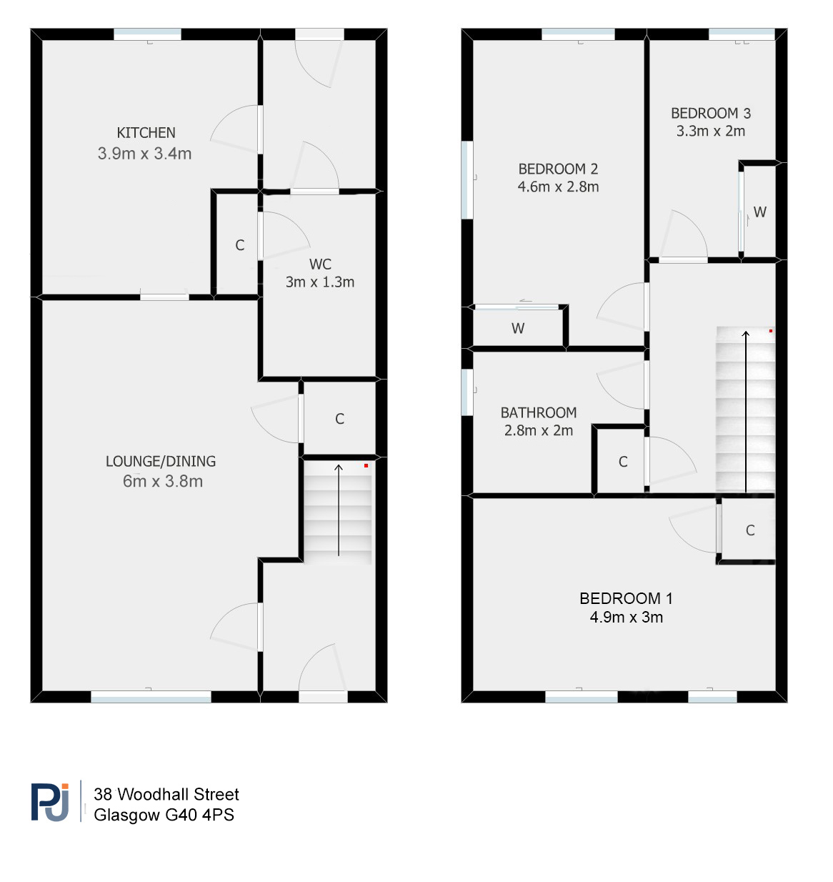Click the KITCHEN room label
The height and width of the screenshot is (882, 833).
click(146, 133)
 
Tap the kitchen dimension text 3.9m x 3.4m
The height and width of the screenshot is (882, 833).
click(145, 154)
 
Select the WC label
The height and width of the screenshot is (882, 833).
click(320, 264)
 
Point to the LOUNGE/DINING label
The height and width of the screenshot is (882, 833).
click(161, 462)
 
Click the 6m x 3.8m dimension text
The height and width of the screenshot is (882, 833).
click(163, 482)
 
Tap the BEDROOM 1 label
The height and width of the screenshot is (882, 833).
click(626, 599)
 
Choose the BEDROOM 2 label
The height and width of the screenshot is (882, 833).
click(558, 169)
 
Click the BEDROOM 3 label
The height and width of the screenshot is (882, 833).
click(711, 113)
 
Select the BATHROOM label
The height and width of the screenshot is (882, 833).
click(539, 412)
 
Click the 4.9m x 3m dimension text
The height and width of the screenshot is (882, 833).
click(627, 618)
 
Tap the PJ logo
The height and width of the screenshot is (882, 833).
click(50, 803)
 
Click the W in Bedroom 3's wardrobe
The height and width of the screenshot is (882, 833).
click(759, 212)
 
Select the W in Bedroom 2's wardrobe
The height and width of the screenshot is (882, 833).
click(518, 328)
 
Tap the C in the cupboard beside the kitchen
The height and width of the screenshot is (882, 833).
click(240, 245)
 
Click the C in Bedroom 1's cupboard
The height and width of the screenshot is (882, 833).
click(750, 530)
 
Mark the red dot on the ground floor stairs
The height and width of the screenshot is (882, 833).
click(366, 465)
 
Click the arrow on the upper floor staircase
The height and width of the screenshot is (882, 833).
click(746, 411)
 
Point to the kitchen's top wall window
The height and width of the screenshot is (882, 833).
click(147, 34)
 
